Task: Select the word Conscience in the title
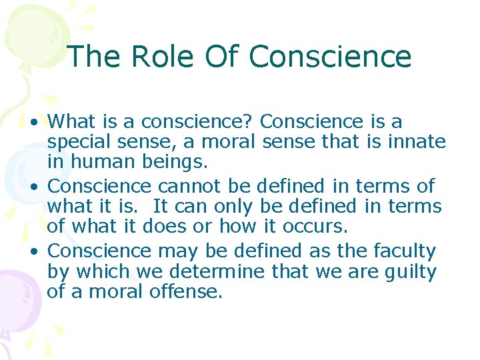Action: point(330,57)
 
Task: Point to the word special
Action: point(79,143)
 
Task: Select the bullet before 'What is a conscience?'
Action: point(33,123)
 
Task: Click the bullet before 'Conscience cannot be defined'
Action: point(33,187)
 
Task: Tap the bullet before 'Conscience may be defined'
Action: point(33,251)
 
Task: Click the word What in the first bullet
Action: point(73,121)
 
